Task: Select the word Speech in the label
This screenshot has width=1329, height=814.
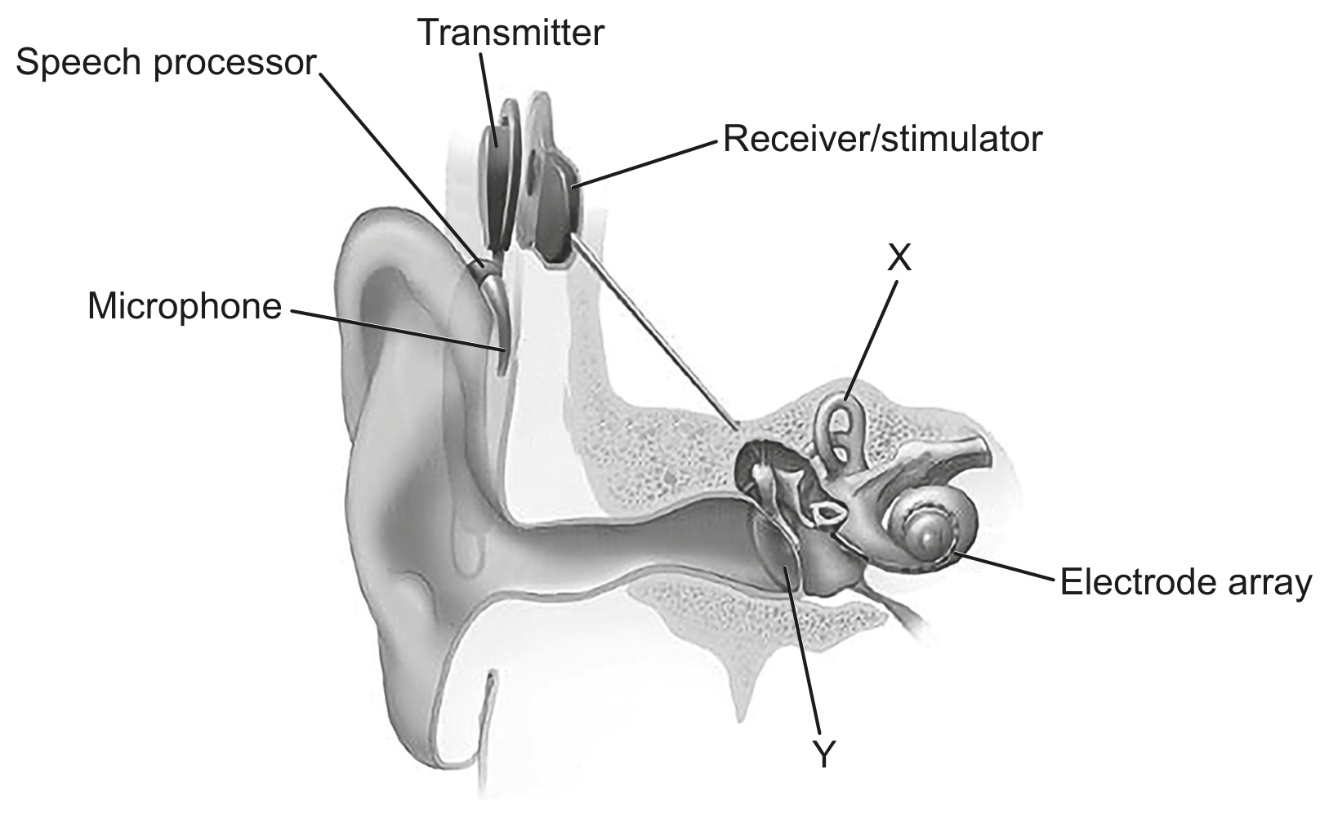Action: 80,63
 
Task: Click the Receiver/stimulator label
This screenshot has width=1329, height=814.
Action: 883,139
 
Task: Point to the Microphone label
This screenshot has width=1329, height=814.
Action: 185,307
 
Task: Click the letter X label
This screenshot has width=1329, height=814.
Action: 899,257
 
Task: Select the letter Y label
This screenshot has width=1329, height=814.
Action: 824,754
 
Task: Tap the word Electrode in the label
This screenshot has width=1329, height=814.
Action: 1141,581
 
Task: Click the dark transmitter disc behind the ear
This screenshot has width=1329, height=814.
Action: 497,178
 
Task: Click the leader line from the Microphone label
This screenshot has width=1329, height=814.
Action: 398,331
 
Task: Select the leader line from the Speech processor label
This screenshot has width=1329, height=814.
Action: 402,170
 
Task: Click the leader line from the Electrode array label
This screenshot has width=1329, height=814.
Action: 1005,566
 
